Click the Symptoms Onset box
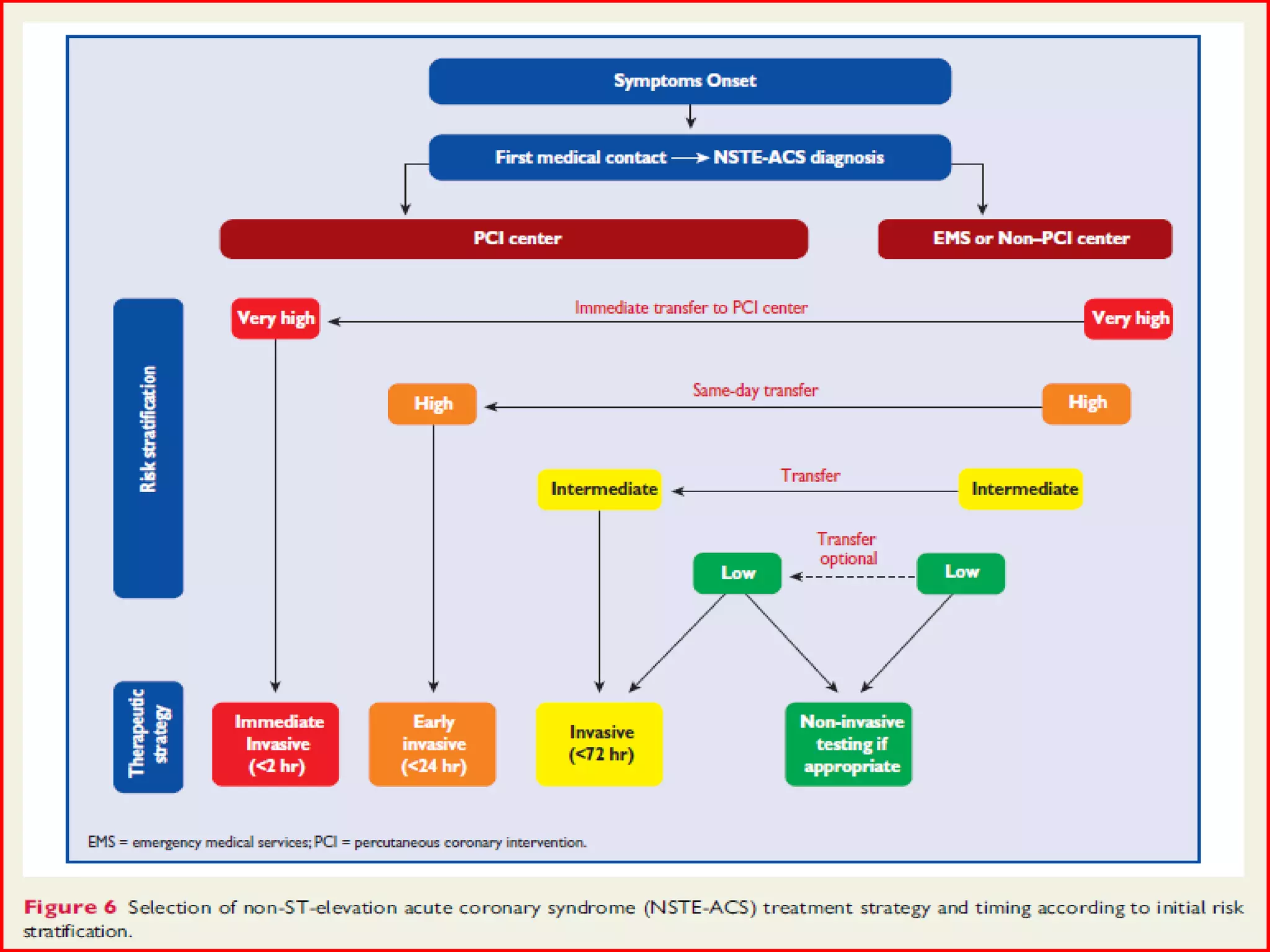[690, 81]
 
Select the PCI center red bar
[513, 239]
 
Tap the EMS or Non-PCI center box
[1024, 239]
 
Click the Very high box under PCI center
[275, 319]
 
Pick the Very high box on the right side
[1128, 319]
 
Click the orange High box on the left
[432, 404]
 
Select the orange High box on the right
[1086, 403]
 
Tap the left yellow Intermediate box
[600, 489]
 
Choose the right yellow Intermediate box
[1021, 489]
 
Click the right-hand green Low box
[961, 573]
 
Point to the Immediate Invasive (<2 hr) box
[275, 744]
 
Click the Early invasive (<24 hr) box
[432, 744]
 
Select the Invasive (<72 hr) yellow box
[599, 744]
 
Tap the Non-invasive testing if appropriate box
[848, 744]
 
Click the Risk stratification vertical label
[148, 448]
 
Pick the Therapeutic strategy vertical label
[148, 736]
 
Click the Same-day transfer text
[755, 390]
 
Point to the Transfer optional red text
[847, 549]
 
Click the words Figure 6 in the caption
[70, 907]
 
